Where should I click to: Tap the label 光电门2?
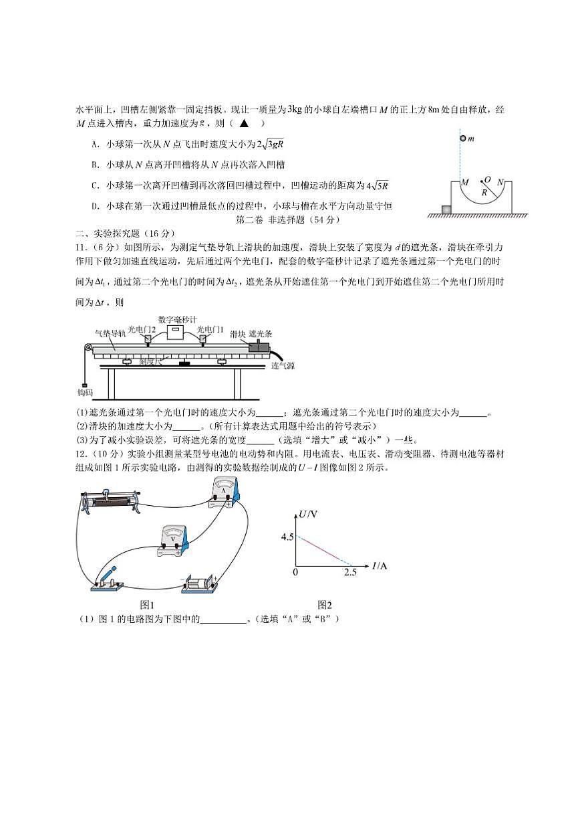point(142,329)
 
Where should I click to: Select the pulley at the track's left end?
point(87,348)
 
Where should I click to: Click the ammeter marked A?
point(225,494)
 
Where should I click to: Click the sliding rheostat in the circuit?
point(111,501)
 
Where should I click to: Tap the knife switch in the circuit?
point(107,579)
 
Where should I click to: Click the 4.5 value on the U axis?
point(287,537)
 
